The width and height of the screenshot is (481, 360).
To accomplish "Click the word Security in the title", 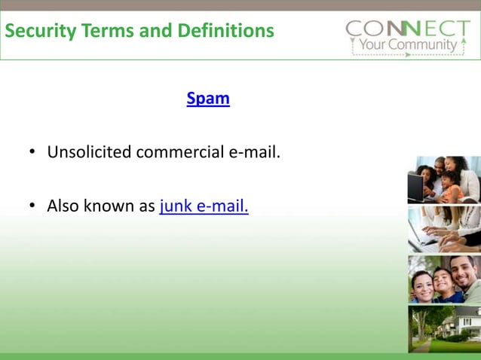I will (x=38, y=32).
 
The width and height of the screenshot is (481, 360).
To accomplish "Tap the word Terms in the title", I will (x=101, y=32).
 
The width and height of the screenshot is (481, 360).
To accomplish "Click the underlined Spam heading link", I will (x=208, y=99).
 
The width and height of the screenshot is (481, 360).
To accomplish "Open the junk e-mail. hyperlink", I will (x=204, y=206).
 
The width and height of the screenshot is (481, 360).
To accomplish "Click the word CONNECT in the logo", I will (x=406, y=29).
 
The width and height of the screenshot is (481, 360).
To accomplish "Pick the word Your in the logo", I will (x=373, y=45).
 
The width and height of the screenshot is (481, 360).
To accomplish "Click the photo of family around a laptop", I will (x=444, y=179).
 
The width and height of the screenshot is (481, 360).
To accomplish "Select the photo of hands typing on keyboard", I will (x=444, y=229).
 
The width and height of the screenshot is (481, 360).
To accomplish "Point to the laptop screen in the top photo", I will (x=415, y=183).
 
